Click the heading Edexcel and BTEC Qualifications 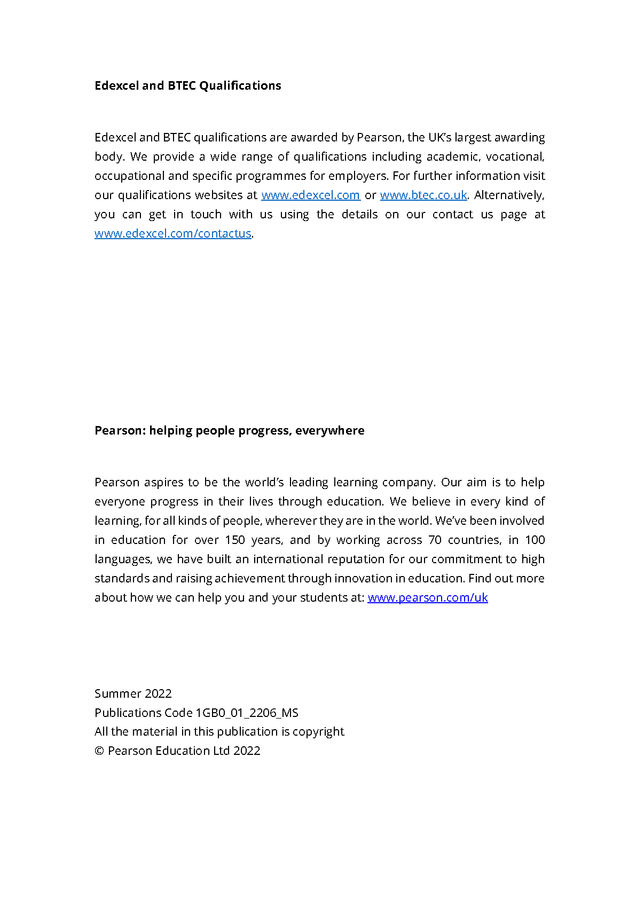[x=187, y=86]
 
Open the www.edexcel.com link [x=310, y=195]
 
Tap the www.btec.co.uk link [x=423, y=195]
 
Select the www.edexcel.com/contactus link [x=172, y=234]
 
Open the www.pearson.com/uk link [x=427, y=598]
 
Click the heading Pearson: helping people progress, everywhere [x=229, y=431]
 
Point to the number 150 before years [x=234, y=540]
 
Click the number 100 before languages [x=535, y=540]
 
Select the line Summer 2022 [x=133, y=694]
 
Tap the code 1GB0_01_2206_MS [x=247, y=713]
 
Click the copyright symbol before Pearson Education [x=99, y=751]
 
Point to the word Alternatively [x=509, y=195]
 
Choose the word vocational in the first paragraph [x=514, y=157]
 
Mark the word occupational [x=129, y=176]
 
